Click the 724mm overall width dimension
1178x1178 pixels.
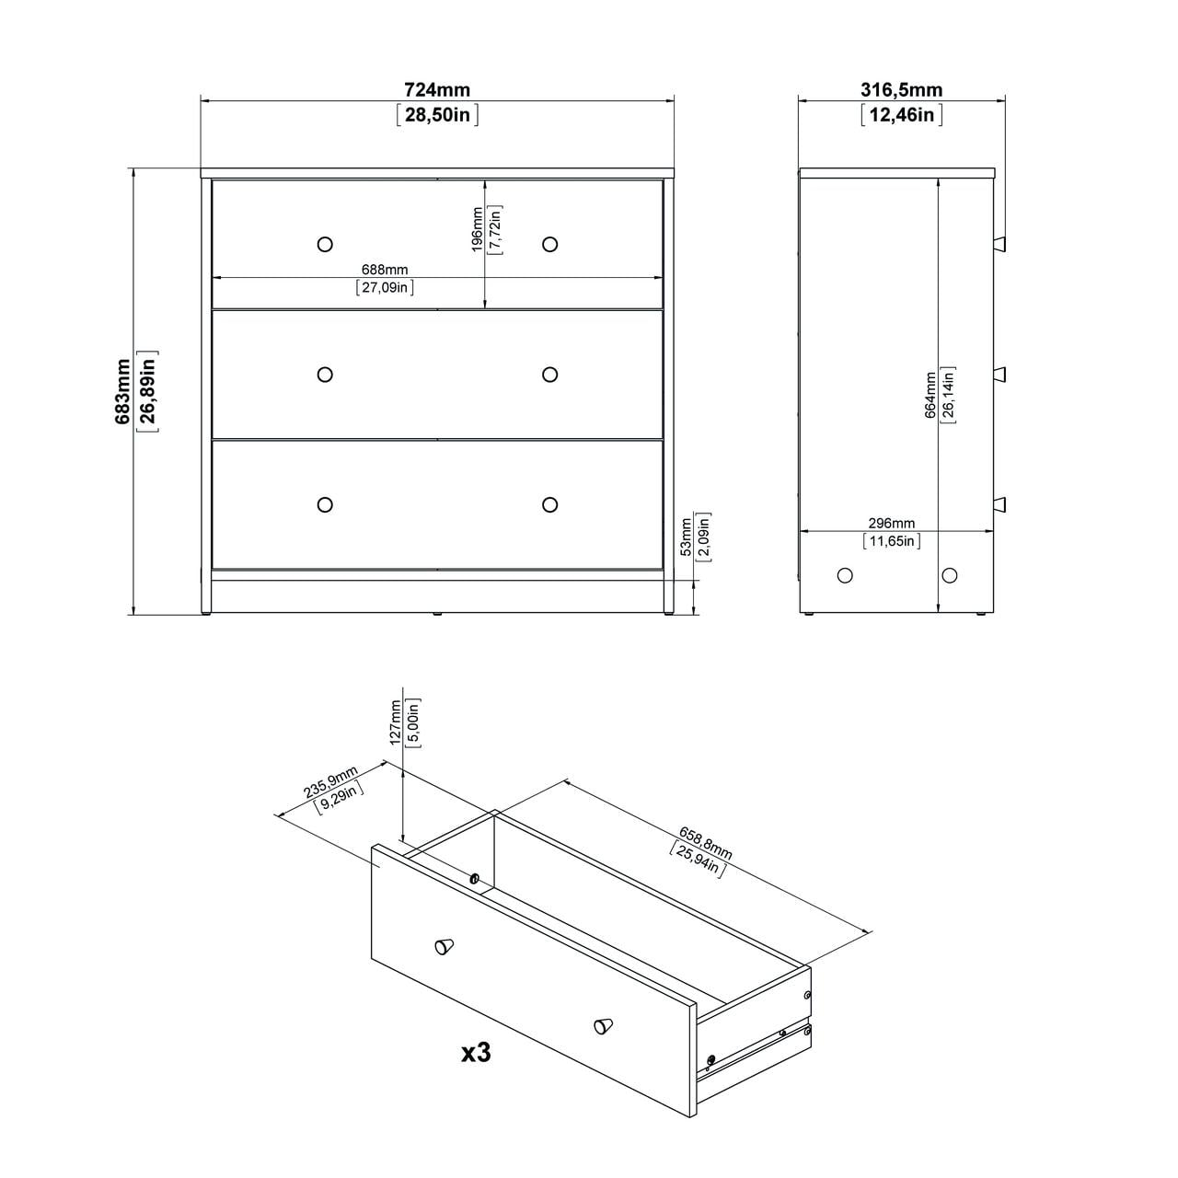coord(437,89)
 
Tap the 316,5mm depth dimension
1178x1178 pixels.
coord(901,89)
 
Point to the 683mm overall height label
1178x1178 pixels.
coord(123,391)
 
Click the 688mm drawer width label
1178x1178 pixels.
coord(385,270)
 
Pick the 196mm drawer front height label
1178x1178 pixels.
coord(477,229)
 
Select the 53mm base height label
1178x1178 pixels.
coord(686,537)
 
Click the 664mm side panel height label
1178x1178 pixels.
coord(930,395)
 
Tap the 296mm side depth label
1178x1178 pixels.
coord(891,523)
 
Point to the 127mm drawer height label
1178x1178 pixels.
coord(396,722)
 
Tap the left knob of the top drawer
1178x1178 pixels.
coord(324,244)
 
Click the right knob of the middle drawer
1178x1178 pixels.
coord(550,374)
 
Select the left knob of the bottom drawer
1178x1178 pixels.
coord(324,504)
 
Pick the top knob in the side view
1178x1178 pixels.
coord(1000,243)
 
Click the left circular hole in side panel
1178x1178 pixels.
coord(845,575)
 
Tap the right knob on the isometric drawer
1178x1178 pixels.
coord(603,1025)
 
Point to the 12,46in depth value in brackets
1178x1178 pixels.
coord(901,114)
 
